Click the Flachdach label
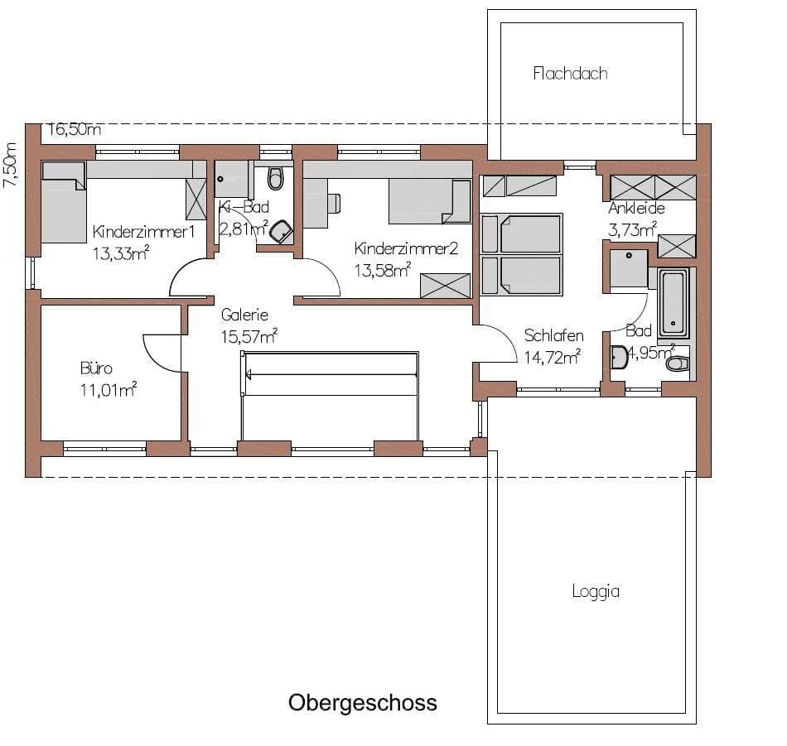570,74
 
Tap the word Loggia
596,591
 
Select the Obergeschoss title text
362,703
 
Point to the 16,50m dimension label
75,129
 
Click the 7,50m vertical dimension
11,165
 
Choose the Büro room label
96,368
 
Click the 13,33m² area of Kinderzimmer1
120,253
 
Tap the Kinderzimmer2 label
406,248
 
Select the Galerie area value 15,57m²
249,336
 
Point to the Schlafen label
553,335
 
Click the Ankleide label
636,208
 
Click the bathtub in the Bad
673,303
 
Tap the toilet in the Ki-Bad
274,178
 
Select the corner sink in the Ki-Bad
282,231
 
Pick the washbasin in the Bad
620,357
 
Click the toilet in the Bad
677,363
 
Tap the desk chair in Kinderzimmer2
335,203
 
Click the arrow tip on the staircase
247,374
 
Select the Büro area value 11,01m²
109,390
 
